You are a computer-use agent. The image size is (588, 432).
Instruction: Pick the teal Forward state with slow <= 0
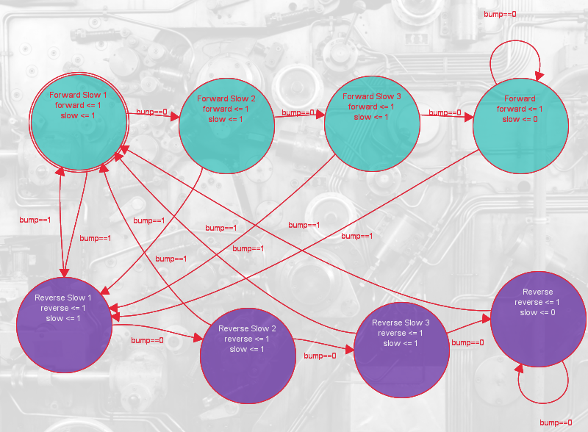click(x=520, y=126)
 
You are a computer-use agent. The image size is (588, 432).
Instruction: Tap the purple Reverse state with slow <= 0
click(x=538, y=317)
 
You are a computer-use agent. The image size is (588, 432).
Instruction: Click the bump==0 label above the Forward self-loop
click(x=500, y=14)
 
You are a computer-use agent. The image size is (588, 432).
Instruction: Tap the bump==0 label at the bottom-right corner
click(x=556, y=422)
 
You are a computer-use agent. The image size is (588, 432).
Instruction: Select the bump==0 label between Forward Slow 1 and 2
click(x=151, y=112)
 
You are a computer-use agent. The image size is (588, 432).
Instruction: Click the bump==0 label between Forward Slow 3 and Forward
click(x=445, y=112)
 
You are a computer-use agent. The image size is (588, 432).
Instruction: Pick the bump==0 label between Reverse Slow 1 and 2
click(x=147, y=341)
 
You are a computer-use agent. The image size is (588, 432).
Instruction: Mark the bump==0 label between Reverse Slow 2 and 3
click(x=320, y=356)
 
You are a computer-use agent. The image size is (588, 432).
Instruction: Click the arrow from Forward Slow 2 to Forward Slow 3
click(x=299, y=116)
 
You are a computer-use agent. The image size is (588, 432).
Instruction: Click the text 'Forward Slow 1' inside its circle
click(x=78, y=96)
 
